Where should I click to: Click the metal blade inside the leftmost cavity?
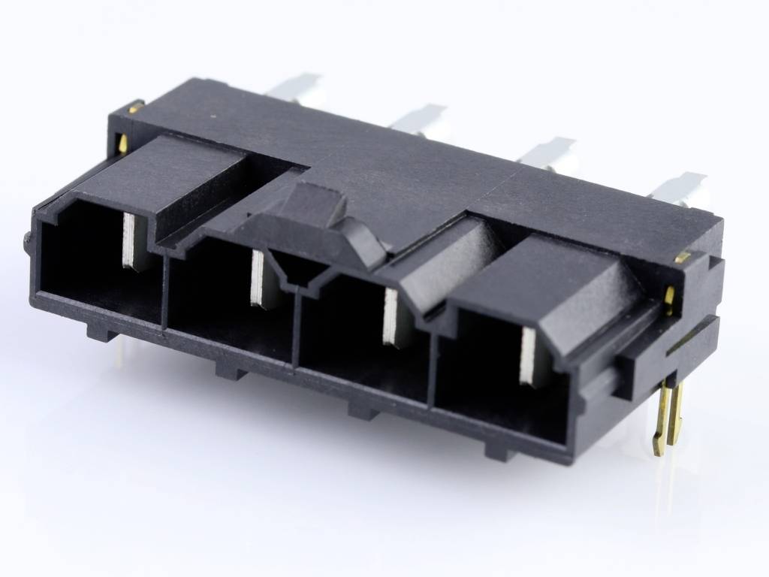(x=131, y=240)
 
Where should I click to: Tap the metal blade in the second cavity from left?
(x=258, y=278)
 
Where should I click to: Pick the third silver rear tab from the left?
(x=547, y=152)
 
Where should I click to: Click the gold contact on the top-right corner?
(x=682, y=257)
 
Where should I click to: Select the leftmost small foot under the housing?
(x=101, y=331)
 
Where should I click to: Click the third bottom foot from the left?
(x=364, y=409)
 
